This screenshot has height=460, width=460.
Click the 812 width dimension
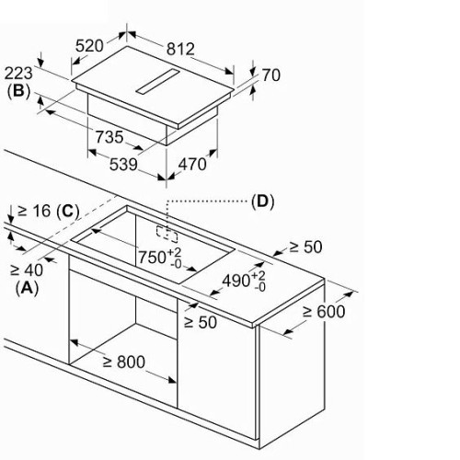coord(180,49)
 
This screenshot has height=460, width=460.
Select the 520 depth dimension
coord(89,46)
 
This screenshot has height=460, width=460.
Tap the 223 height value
coord(18,74)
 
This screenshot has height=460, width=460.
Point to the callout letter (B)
coord(18,91)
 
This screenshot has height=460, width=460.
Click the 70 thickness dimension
coord(270,75)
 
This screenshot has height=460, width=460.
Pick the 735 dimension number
coord(109,137)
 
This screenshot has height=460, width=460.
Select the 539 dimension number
coord(123,165)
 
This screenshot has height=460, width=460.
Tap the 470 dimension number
coord(192,164)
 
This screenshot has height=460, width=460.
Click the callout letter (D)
coord(262,201)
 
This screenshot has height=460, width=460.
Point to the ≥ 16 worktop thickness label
coord(34,211)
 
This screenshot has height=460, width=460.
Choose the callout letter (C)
coord(68,211)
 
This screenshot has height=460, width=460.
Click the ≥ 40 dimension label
coord(27,270)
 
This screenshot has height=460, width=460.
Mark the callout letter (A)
coord(27,288)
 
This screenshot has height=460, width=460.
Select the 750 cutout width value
coord(152,257)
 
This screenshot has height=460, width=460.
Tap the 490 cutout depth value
coord(236,281)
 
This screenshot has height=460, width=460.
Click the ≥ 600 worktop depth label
coord(324,312)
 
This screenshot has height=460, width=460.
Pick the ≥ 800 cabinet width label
coord(124,362)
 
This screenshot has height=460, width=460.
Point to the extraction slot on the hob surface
coord(158,81)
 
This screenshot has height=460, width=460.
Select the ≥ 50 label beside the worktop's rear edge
coord(305,247)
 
